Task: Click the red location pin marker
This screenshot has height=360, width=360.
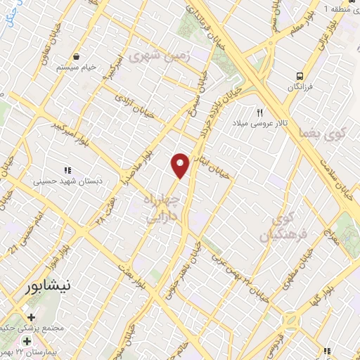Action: [181, 165]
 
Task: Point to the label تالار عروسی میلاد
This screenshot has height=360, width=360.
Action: [261, 123]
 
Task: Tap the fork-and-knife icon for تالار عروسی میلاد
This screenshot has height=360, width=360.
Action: [260, 112]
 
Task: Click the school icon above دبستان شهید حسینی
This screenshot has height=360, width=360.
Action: [68, 170]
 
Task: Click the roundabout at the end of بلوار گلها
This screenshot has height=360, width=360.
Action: [290, 323]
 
